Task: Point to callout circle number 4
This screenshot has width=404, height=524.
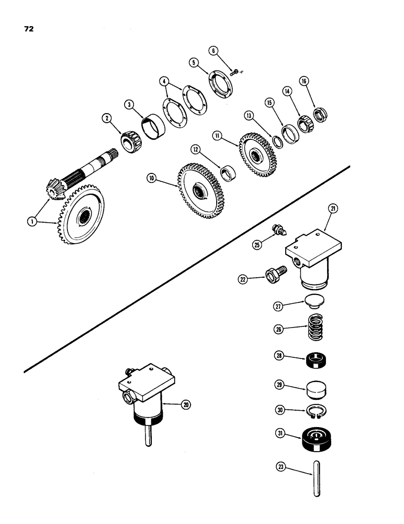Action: tap(164, 81)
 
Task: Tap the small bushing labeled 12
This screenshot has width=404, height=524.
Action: tap(228, 172)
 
